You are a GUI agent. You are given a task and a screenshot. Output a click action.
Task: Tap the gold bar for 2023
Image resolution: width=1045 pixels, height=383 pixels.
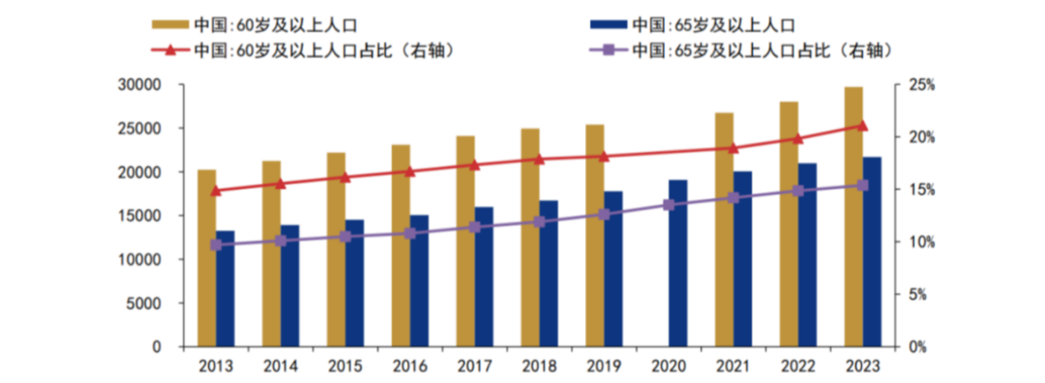point(853,217)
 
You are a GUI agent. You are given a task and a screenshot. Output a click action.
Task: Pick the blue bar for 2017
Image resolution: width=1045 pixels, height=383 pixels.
point(484,276)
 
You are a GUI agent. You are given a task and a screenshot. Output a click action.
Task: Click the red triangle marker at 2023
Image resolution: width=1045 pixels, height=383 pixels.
point(862,125)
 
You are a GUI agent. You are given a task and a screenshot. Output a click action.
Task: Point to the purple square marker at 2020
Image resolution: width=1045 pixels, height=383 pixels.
point(669,205)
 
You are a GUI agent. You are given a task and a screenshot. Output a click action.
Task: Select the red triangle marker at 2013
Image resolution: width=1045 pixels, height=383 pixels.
point(216,191)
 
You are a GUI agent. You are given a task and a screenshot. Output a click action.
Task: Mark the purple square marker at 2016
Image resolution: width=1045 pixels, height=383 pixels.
point(410,234)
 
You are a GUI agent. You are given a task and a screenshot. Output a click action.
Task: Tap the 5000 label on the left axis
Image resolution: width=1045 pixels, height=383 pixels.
point(147,303)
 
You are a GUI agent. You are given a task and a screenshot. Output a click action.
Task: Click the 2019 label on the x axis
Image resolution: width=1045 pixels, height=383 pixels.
point(604,366)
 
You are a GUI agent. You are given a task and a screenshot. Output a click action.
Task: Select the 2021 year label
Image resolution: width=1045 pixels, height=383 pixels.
point(733,366)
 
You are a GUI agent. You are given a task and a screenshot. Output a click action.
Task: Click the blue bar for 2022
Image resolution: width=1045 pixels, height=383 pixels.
point(807,255)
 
